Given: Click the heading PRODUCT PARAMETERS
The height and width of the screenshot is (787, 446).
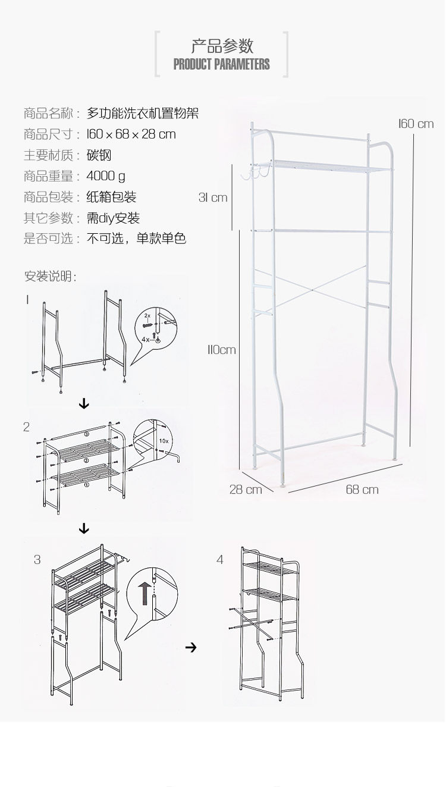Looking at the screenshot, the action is [x=221, y=64].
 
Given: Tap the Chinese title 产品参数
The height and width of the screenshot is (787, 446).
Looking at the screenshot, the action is [x=222, y=45].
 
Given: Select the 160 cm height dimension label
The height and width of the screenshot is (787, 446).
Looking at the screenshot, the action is [x=416, y=124].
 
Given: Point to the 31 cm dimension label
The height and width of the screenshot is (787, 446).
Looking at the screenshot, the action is [x=213, y=197].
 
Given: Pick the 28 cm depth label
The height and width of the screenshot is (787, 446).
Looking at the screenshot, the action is [x=246, y=490].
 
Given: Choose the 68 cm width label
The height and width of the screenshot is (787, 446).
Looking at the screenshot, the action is [x=362, y=490].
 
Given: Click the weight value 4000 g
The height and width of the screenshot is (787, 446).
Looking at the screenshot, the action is [x=106, y=176].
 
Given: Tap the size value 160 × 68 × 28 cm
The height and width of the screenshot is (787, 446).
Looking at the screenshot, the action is [x=131, y=134].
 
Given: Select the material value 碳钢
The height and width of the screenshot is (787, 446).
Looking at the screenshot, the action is [x=99, y=155].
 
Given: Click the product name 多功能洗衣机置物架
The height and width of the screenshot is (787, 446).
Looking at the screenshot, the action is [x=143, y=113].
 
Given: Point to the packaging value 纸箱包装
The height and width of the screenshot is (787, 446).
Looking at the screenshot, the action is [x=112, y=197].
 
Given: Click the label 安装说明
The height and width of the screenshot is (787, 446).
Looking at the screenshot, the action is [x=50, y=277].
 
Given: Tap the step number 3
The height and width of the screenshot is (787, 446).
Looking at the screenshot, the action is [x=37, y=560].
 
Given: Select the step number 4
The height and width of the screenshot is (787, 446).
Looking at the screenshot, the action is [x=220, y=560].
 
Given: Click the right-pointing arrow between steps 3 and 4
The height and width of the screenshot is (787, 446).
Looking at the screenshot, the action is [x=191, y=647].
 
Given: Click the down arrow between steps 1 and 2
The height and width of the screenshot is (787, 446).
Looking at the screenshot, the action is [x=84, y=405].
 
